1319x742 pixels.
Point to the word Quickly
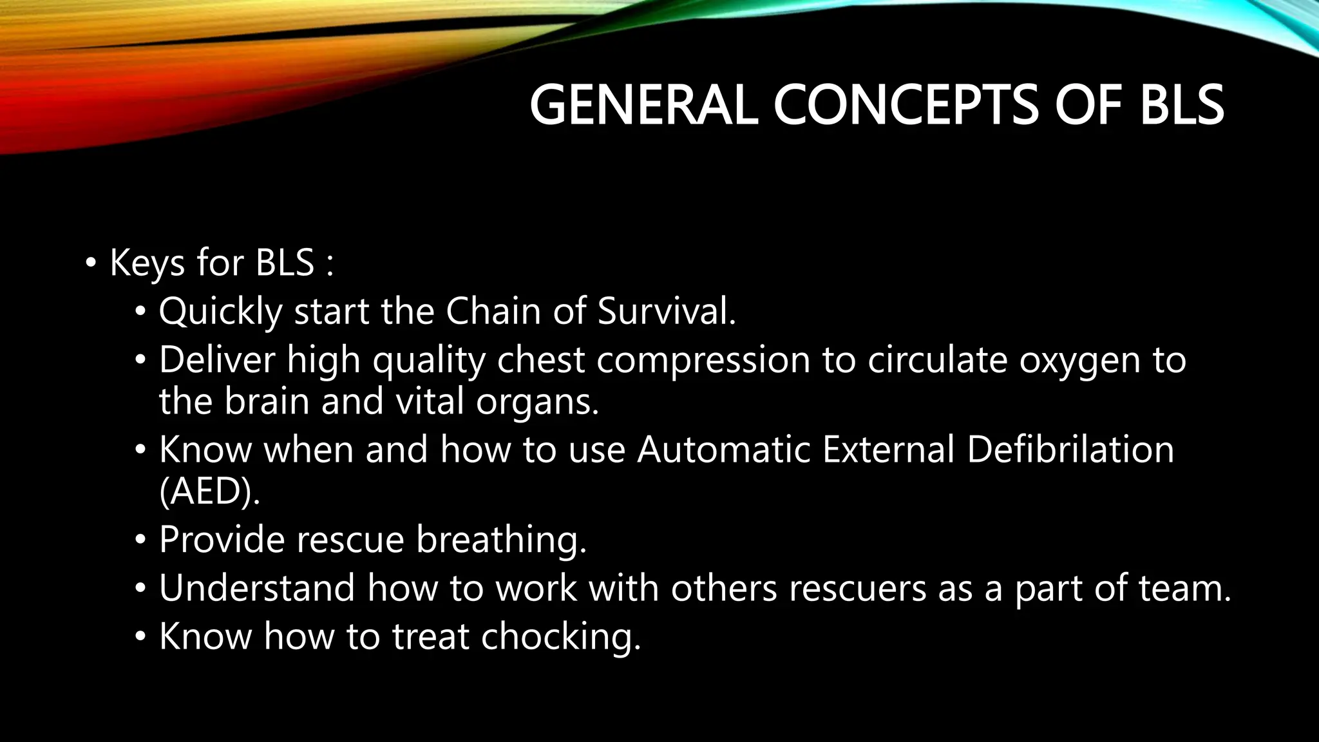220,312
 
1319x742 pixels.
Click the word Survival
666,311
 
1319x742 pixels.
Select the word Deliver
216,359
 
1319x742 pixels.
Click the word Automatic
723,449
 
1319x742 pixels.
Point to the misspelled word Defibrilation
1070,449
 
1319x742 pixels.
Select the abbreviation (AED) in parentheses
209,491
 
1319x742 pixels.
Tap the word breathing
501,540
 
